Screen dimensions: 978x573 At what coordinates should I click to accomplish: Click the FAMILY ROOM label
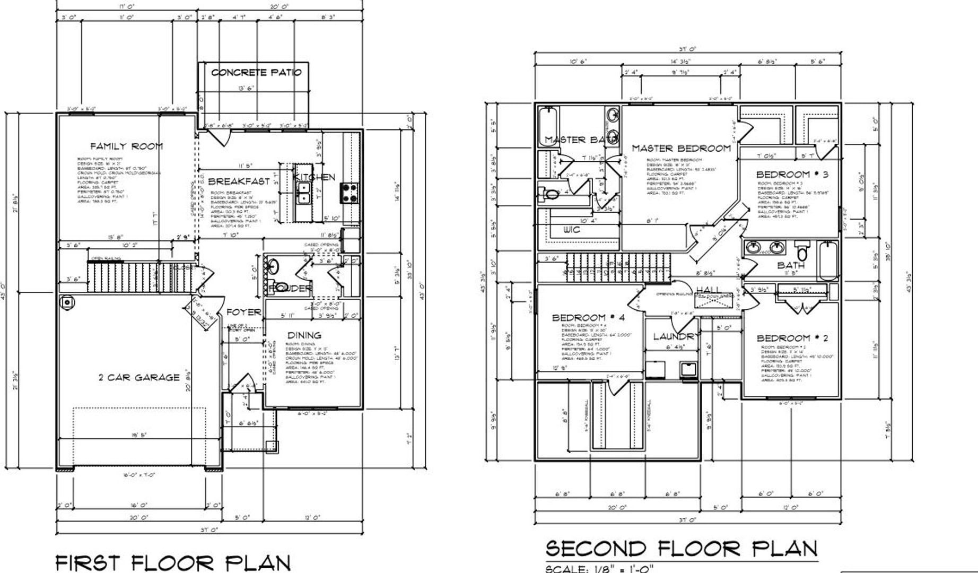click(x=126, y=146)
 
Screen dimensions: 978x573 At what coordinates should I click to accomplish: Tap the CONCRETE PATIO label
click(x=256, y=72)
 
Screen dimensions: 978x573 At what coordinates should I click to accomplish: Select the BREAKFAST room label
click(x=239, y=181)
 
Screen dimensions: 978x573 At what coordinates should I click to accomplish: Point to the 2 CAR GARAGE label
click(x=139, y=377)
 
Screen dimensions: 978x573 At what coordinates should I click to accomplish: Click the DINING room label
click(x=304, y=335)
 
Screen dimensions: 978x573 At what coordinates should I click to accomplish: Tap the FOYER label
click(x=244, y=312)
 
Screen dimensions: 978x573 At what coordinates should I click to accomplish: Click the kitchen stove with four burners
click(x=349, y=193)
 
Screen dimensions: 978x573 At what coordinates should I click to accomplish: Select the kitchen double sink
click(x=303, y=193)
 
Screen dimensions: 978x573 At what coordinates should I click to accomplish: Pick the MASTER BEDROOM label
click(x=681, y=149)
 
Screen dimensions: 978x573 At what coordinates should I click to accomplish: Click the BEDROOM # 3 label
click(x=792, y=174)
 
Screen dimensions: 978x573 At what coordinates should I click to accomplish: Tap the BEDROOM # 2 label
click(x=792, y=338)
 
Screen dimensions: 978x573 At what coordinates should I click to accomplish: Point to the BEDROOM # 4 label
click(x=588, y=317)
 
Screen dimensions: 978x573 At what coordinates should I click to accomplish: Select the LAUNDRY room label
click(x=674, y=336)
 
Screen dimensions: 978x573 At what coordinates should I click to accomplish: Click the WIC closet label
click(x=572, y=230)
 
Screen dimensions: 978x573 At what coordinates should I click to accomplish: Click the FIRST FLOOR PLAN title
click(x=173, y=562)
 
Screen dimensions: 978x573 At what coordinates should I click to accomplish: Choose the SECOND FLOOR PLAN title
click(x=682, y=548)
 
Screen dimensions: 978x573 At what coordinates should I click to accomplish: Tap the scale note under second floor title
click(x=599, y=569)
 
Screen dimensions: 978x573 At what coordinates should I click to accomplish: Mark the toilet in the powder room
click(x=274, y=266)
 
